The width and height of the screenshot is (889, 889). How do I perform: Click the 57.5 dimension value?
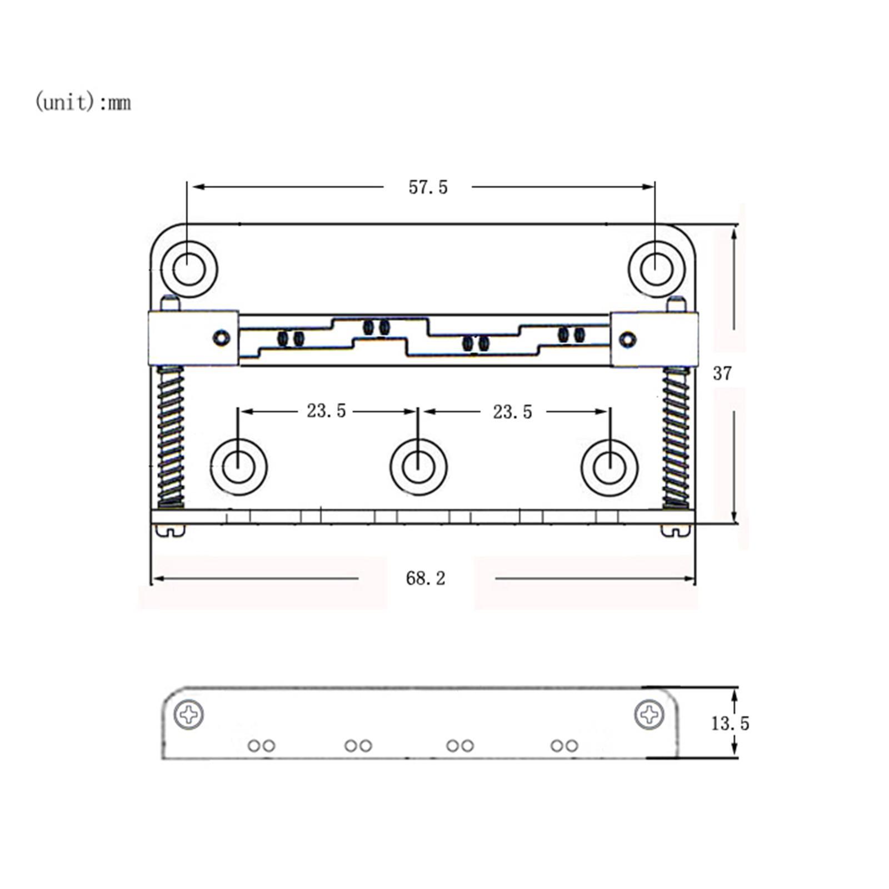[428, 187]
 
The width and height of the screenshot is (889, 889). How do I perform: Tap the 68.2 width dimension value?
[426, 578]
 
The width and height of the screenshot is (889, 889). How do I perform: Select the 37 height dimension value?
[722, 373]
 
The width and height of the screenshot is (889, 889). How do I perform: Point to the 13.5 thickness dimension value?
[730, 723]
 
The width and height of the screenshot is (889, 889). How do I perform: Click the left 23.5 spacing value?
[326, 411]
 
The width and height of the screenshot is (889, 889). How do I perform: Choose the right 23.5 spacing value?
[512, 412]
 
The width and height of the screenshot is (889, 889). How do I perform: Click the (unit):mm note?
[83, 102]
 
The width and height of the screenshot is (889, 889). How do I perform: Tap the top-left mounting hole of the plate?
[189, 269]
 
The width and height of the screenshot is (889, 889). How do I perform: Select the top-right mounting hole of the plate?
[657, 269]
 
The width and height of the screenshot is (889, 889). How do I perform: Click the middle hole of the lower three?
[418, 467]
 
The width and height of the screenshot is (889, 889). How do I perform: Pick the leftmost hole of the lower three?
[239, 467]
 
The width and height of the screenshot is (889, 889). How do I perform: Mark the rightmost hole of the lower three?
[610, 467]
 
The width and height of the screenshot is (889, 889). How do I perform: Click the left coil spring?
[171, 437]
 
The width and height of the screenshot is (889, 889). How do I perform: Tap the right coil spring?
[676, 437]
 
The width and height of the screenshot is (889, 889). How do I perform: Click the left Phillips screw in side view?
[189, 715]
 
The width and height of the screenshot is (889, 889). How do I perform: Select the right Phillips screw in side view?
[649, 715]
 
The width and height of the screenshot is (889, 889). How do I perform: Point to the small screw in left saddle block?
[222, 337]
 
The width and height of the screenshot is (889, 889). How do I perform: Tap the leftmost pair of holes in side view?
[261, 746]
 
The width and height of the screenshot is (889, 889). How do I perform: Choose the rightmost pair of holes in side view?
[565, 746]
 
